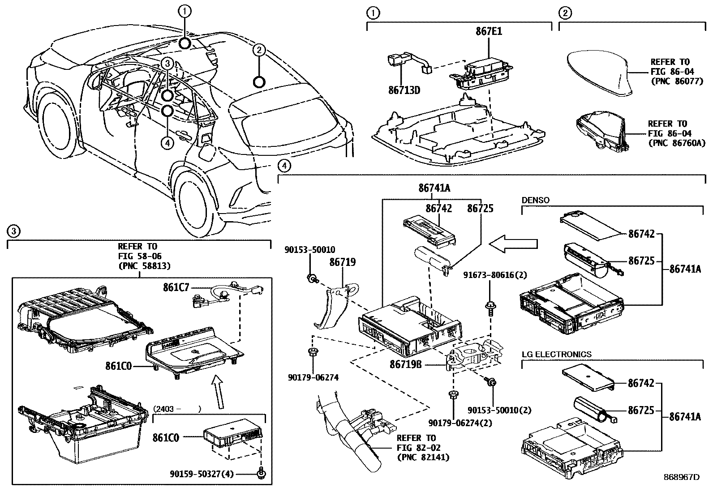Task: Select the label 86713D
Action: (x=404, y=90)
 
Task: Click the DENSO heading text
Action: (x=535, y=200)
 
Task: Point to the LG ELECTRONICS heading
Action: (x=556, y=354)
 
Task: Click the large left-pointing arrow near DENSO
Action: (x=513, y=244)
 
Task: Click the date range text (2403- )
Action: (x=177, y=409)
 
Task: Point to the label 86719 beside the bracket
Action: (x=343, y=262)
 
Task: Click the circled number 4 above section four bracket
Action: (x=283, y=166)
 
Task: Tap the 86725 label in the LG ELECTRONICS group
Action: (x=641, y=411)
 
